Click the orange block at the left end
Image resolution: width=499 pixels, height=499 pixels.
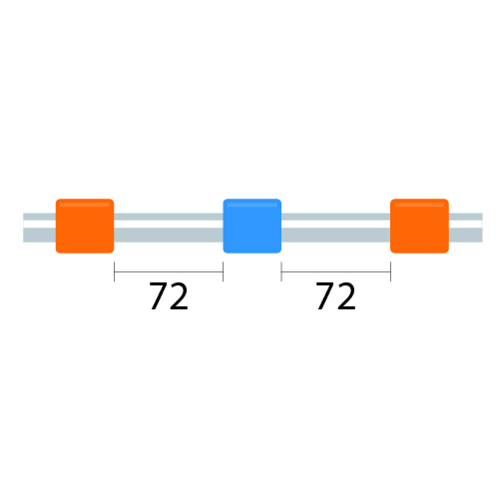[x=85, y=226]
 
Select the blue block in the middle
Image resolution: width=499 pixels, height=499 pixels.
[x=252, y=226]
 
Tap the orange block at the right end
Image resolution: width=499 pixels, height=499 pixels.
[x=419, y=226]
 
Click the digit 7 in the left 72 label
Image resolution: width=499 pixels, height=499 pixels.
[x=159, y=295]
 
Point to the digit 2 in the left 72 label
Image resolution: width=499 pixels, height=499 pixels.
[x=180, y=295]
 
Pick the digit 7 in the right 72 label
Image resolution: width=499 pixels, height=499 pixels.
[x=326, y=295]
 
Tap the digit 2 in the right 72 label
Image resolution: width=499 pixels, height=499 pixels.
[x=346, y=295]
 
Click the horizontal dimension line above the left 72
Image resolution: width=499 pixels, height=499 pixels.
[x=169, y=271]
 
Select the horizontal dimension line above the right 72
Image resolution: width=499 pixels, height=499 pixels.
[x=336, y=271]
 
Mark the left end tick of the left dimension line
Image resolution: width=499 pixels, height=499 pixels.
[x=114, y=271]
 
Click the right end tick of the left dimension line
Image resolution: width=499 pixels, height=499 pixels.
[x=223, y=271]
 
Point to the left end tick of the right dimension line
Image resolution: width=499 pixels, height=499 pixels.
[x=281, y=271]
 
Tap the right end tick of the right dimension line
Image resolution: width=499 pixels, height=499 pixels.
[x=390, y=271]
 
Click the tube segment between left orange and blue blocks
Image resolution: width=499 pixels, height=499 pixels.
[x=169, y=228]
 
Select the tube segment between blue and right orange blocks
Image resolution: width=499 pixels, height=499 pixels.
[x=336, y=228]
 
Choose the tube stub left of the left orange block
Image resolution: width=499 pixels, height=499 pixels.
[x=39, y=228]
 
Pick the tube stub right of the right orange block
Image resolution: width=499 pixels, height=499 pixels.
[x=466, y=228]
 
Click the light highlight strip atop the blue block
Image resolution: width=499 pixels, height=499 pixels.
[x=252, y=205]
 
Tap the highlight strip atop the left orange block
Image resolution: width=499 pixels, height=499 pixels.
[x=85, y=205]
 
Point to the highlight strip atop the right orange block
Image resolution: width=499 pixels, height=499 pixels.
[x=419, y=205]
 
